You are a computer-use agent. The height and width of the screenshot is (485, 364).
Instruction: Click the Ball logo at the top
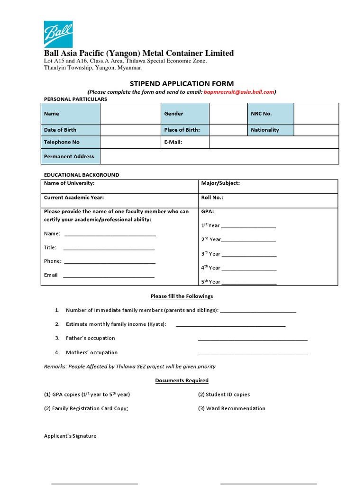58,34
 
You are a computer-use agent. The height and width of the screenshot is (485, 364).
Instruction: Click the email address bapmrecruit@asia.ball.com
239,92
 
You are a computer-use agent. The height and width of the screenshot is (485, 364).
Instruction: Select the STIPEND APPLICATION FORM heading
182,83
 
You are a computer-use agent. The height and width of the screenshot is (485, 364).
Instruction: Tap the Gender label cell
185,114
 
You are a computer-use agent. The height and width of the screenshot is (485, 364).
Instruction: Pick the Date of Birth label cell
71,130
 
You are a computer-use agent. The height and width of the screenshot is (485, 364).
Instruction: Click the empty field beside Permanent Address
219,156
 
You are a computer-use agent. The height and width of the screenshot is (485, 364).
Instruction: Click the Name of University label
69,183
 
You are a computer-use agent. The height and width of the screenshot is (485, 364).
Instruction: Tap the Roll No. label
212,198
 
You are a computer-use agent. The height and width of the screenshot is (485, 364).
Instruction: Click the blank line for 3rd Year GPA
249,254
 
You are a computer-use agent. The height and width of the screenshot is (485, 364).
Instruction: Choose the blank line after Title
109,248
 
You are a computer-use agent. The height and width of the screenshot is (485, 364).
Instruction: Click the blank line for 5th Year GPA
249,282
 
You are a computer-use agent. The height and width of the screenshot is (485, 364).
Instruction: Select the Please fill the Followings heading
182,296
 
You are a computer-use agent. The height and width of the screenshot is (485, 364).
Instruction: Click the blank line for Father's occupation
252,339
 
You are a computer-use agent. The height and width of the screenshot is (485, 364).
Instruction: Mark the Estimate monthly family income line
230,325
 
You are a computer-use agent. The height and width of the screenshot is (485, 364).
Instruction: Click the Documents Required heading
182,381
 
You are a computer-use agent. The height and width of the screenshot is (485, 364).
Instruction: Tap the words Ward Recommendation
236,408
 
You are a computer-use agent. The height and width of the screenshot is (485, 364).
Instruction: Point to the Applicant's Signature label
70,436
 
